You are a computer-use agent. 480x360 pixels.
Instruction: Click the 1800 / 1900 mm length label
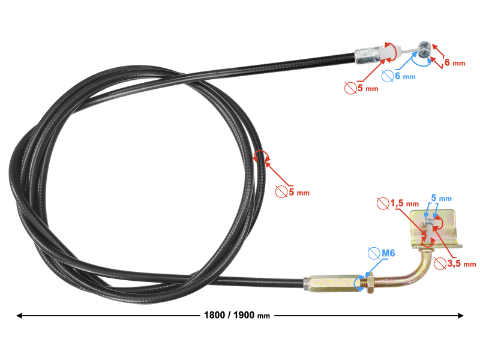[x=237, y=315]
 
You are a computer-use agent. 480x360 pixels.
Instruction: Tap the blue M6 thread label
[x=388, y=253]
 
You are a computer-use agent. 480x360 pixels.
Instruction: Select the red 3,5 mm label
[x=461, y=263]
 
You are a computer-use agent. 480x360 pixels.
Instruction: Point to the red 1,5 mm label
[x=404, y=203]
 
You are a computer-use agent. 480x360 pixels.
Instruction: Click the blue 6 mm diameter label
[x=405, y=76]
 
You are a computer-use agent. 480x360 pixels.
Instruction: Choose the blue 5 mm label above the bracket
[x=442, y=198]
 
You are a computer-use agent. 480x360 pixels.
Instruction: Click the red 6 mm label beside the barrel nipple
[x=455, y=62]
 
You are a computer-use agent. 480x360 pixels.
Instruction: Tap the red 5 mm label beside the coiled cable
[x=299, y=192]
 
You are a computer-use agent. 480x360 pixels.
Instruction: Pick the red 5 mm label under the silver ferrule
[x=368, y=88]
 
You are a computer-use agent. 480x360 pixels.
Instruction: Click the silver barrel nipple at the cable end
[x=424, y=50]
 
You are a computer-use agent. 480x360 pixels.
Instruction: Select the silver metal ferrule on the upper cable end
[x=367, y=55]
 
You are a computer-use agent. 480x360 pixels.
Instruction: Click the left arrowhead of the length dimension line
[x=19, y=316]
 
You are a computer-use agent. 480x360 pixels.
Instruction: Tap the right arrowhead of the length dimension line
[x=460, y=316]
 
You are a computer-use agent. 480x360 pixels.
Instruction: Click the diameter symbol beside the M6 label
[x=373, y=253]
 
